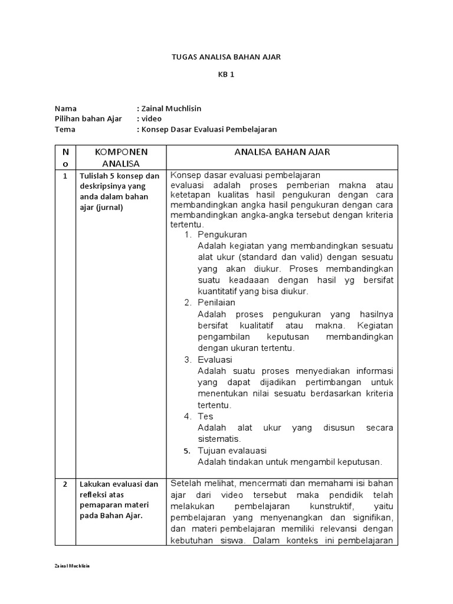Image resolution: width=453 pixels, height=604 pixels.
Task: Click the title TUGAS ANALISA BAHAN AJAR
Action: pos(226,57)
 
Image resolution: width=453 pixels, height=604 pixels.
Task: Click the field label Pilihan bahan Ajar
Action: pos(88,119)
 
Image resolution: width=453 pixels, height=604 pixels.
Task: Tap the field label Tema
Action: pos(65,129)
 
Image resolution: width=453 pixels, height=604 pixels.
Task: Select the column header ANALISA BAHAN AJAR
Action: pos(282,152)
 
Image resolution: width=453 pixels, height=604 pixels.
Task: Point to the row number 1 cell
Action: pos(65,176)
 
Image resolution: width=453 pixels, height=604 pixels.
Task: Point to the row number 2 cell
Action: pos(65,484)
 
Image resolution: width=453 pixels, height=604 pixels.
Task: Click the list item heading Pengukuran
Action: pos(222,235)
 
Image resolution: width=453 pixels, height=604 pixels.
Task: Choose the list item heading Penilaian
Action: pos(216,303)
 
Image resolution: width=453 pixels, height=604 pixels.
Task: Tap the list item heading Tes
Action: pos(205,416)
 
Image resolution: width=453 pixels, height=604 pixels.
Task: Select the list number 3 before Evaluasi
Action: pos(188,359)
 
